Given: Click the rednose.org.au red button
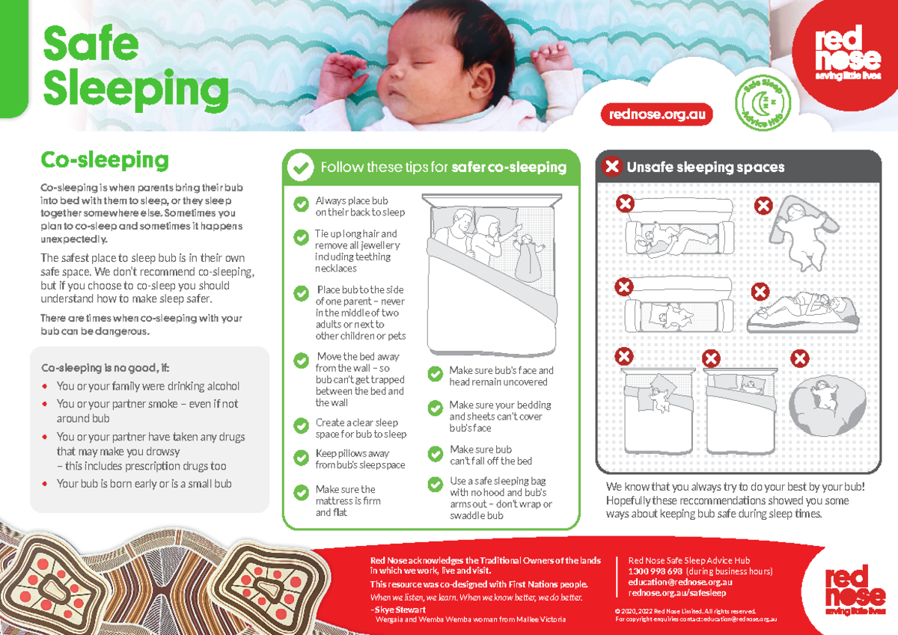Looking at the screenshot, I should pos(656,114).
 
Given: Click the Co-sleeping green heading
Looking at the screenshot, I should pos(105,160).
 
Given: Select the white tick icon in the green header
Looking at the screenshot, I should pos(301,168).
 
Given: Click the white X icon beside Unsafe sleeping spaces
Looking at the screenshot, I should pos(612,167).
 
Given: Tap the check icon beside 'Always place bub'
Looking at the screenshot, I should pos(301,204).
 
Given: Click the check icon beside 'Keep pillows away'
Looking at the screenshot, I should pos(301,457).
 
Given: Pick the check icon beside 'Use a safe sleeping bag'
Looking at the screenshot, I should pos(435,484).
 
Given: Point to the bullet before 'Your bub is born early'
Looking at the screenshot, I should pos(46,484).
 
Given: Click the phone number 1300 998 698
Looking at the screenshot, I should pos(655,571).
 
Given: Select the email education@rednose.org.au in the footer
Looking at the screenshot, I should pos(679,582).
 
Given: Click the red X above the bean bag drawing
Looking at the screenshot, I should pos(800,359).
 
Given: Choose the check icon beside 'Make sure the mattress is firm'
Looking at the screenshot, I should pos(301,492).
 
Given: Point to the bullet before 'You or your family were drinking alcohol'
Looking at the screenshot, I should pos(46,387).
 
